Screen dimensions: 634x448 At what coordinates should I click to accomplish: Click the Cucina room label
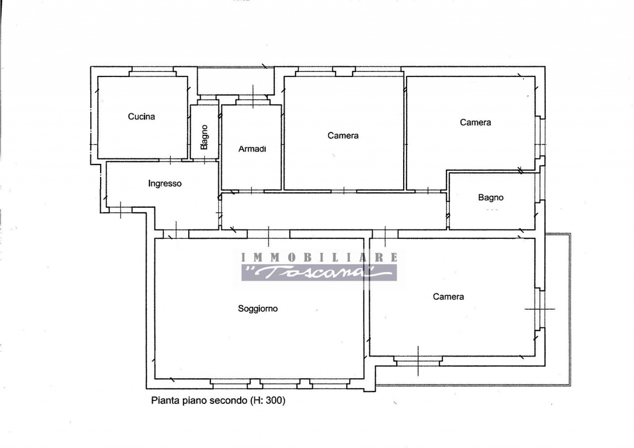(x=141, y=116)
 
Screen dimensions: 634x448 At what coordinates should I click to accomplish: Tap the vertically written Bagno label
(x=204, y=137)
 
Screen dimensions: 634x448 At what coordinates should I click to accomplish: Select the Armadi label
(x=252, y=149)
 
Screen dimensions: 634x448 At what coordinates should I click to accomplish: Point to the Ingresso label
(x=165, y=183)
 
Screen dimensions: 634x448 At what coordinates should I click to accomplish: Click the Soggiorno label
(x=258, y=308)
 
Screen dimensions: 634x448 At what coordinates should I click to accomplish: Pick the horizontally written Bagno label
(x=491, y=197)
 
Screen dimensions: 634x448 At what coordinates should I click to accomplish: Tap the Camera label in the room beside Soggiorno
(x=448, y=296)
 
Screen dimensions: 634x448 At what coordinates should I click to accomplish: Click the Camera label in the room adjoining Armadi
(x=343, y=136)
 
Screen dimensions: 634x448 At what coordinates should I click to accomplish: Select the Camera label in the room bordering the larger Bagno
(x=475, y=122)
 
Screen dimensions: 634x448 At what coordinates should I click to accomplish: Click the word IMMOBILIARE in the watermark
(x=319, y=257)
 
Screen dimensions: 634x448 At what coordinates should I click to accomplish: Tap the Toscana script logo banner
(x=319, y=273)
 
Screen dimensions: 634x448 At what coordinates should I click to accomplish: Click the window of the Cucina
(x=153, y=71)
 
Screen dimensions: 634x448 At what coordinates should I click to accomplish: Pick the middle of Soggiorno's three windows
(x=280, y=384)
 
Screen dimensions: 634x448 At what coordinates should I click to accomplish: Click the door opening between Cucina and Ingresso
(x=170, y=160)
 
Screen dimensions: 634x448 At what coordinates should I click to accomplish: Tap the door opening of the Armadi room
(x=251, y=191)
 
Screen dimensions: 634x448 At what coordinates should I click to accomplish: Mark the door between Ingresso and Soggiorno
(x=176, y=234)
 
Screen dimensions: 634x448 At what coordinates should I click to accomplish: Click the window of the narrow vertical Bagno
(x=208, y=100)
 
